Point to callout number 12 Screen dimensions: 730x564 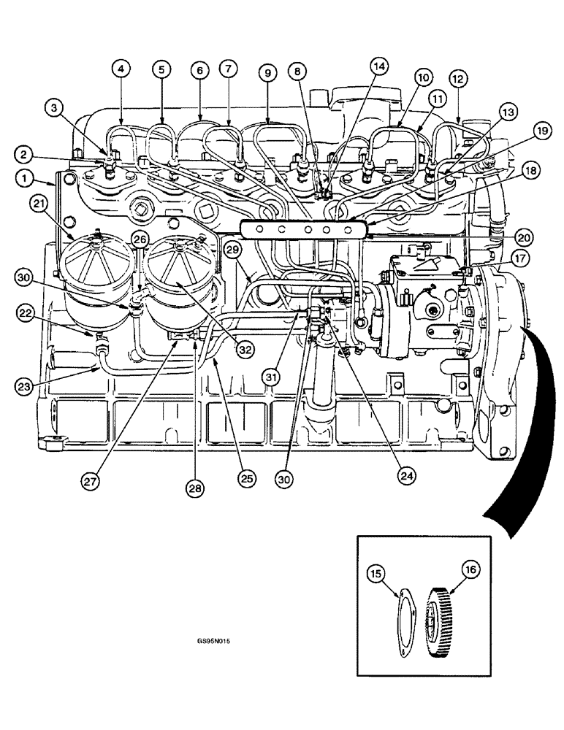(x=457, y=77)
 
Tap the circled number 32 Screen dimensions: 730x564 (x=244, y=349)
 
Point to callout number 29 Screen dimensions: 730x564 (x=233, y=250)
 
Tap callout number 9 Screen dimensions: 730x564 (x=268, y=72)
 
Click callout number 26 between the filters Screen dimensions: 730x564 (x=140, y=239)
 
